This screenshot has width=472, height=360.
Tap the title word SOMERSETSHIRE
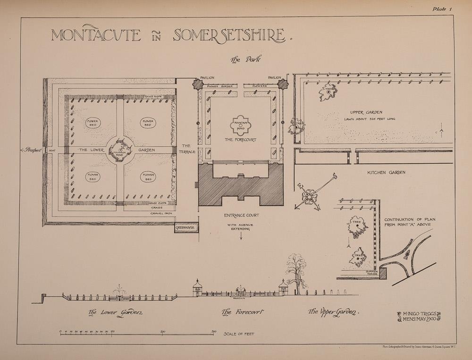point(230,35)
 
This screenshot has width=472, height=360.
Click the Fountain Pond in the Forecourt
point(241,125)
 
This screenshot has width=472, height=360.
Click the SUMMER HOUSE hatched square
point(383,273)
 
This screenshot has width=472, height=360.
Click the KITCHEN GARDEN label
point(386,173)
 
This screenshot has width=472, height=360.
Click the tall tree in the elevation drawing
point(296,271)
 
